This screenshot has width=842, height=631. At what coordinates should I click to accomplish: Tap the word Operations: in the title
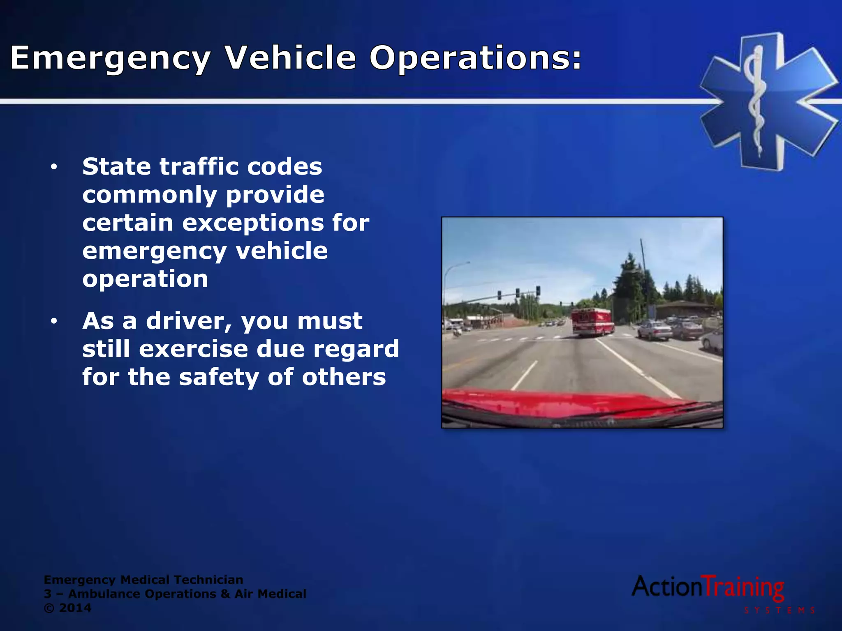(476, 58)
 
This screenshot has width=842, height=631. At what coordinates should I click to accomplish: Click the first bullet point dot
(54, 167)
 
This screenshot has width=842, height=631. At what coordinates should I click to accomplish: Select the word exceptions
(253, 223)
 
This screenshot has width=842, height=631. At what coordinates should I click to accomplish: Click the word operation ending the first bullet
(145, 279)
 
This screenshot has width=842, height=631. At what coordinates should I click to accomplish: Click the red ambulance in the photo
(592, 322)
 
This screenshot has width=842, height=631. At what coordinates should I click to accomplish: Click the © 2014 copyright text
(67, 608)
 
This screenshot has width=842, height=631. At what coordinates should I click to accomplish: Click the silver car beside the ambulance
(655, 331)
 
